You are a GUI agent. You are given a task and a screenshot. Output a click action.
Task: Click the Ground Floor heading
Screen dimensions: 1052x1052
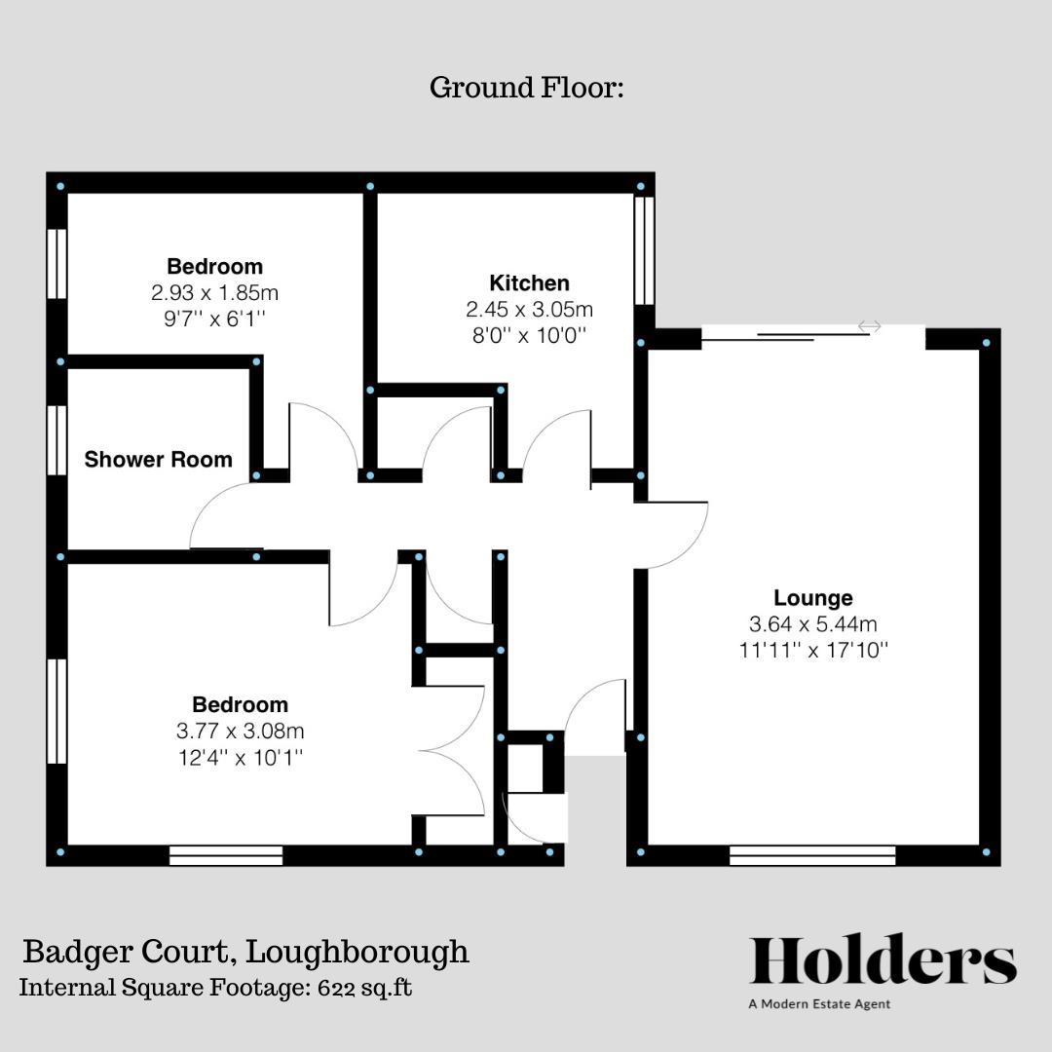click(x=527, y=88)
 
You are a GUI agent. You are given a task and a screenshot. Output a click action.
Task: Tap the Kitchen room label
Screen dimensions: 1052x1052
click(x=529, y=283)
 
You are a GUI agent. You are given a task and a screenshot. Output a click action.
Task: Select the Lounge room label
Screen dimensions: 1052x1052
click(x=813, y=598)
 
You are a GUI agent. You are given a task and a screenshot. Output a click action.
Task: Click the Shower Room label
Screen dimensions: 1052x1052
click(x=159, y=460)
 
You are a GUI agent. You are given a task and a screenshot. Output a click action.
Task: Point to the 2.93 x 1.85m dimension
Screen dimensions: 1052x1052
click(x=214, y=292)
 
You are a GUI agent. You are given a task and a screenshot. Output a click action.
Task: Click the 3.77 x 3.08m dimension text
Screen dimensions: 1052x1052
click(x=241, y=731)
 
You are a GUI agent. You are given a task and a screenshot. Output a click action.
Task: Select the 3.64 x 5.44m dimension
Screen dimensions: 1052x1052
click(x=813, y=624)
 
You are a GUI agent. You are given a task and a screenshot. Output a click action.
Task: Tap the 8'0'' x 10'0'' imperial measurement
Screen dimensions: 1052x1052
click(x=529, y=335)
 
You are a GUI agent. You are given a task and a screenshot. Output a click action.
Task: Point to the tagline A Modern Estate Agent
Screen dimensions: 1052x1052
click(x=819, y=1004)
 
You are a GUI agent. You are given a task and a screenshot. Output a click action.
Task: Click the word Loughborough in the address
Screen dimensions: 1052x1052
click(x=357, y=953)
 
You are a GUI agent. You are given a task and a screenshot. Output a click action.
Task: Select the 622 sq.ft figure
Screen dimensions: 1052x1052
click(x=365, y=988)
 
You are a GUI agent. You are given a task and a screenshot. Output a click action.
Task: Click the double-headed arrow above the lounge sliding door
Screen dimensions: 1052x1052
click(x=870, y=326)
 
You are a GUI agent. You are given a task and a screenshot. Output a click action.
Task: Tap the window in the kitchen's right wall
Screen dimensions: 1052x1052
click(x=644, y=249)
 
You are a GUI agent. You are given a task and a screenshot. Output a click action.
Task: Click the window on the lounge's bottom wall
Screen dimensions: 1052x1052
click(x=812, y=855)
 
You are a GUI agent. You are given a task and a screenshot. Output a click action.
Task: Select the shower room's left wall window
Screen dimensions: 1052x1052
click(x=57, y=440)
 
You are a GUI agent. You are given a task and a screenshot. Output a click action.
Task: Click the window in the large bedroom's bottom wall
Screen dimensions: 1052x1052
click(x=226, y=855)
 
